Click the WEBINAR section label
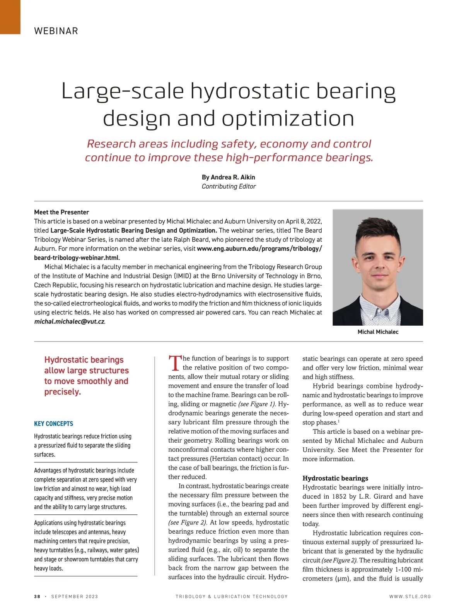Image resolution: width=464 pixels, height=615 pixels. tap(56, 31)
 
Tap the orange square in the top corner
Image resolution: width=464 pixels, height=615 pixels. tap(10, 17)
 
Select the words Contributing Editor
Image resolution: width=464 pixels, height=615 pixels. tap(229, 186)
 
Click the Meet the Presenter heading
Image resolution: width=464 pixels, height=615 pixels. tap(61, 212)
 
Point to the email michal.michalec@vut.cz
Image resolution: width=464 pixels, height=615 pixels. tap(69, 321)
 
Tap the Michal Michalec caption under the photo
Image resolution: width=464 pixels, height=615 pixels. tap(378, 332)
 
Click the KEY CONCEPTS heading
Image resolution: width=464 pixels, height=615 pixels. tap(53, 424)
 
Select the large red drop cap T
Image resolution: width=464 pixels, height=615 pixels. tap(175, 363)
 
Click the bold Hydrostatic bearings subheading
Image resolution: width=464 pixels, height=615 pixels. tap(335, 478)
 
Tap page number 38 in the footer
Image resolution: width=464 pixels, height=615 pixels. tap(37, 596)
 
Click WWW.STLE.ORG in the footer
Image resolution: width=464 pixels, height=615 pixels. tap(410, 596)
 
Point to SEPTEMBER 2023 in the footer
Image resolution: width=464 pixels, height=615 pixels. tap(75, 596)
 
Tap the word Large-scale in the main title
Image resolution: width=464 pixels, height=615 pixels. tap(123, 91)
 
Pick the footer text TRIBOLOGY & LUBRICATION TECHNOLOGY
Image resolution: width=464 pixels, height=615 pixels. tap(232, 596)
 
